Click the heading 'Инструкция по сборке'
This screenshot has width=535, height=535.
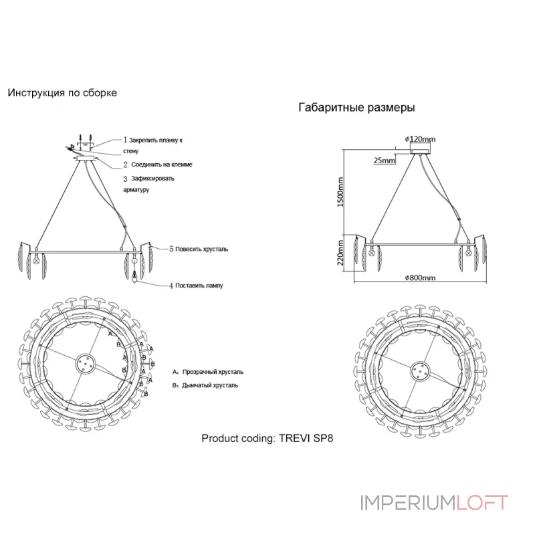[62, 93]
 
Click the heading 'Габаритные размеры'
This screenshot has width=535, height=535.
[356, 107]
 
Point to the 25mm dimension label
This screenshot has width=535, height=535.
[385, 161]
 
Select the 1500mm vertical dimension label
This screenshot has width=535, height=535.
[340, 192]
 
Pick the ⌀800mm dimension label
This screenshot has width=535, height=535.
[420, 278]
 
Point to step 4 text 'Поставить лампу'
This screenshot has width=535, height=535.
[195, 285]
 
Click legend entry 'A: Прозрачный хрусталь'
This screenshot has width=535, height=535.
[208, 370]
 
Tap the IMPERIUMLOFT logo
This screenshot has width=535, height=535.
[434, 502]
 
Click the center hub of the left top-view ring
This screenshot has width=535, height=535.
[86, 364]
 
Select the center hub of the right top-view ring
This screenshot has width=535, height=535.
[420, 370]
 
